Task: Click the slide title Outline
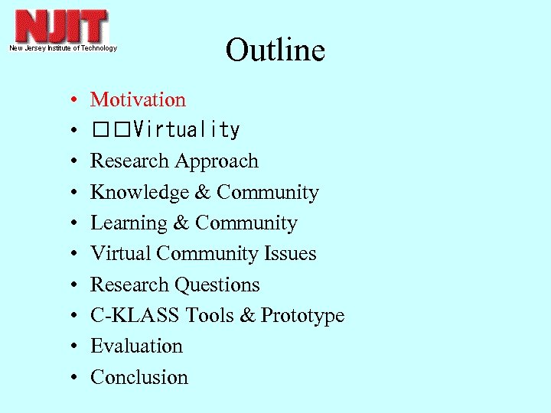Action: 275,50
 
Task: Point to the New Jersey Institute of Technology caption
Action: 63,48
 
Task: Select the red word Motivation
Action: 138,99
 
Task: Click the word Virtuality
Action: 186,131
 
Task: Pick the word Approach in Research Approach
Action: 217,161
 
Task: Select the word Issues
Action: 291,254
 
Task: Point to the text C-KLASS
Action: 135,315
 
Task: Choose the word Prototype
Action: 303,315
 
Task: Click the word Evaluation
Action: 136,346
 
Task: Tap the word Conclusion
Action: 139,377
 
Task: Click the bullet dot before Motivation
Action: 70,101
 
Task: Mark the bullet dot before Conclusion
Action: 70,378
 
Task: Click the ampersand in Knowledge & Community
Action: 202,192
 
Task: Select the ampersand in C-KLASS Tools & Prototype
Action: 246,315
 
